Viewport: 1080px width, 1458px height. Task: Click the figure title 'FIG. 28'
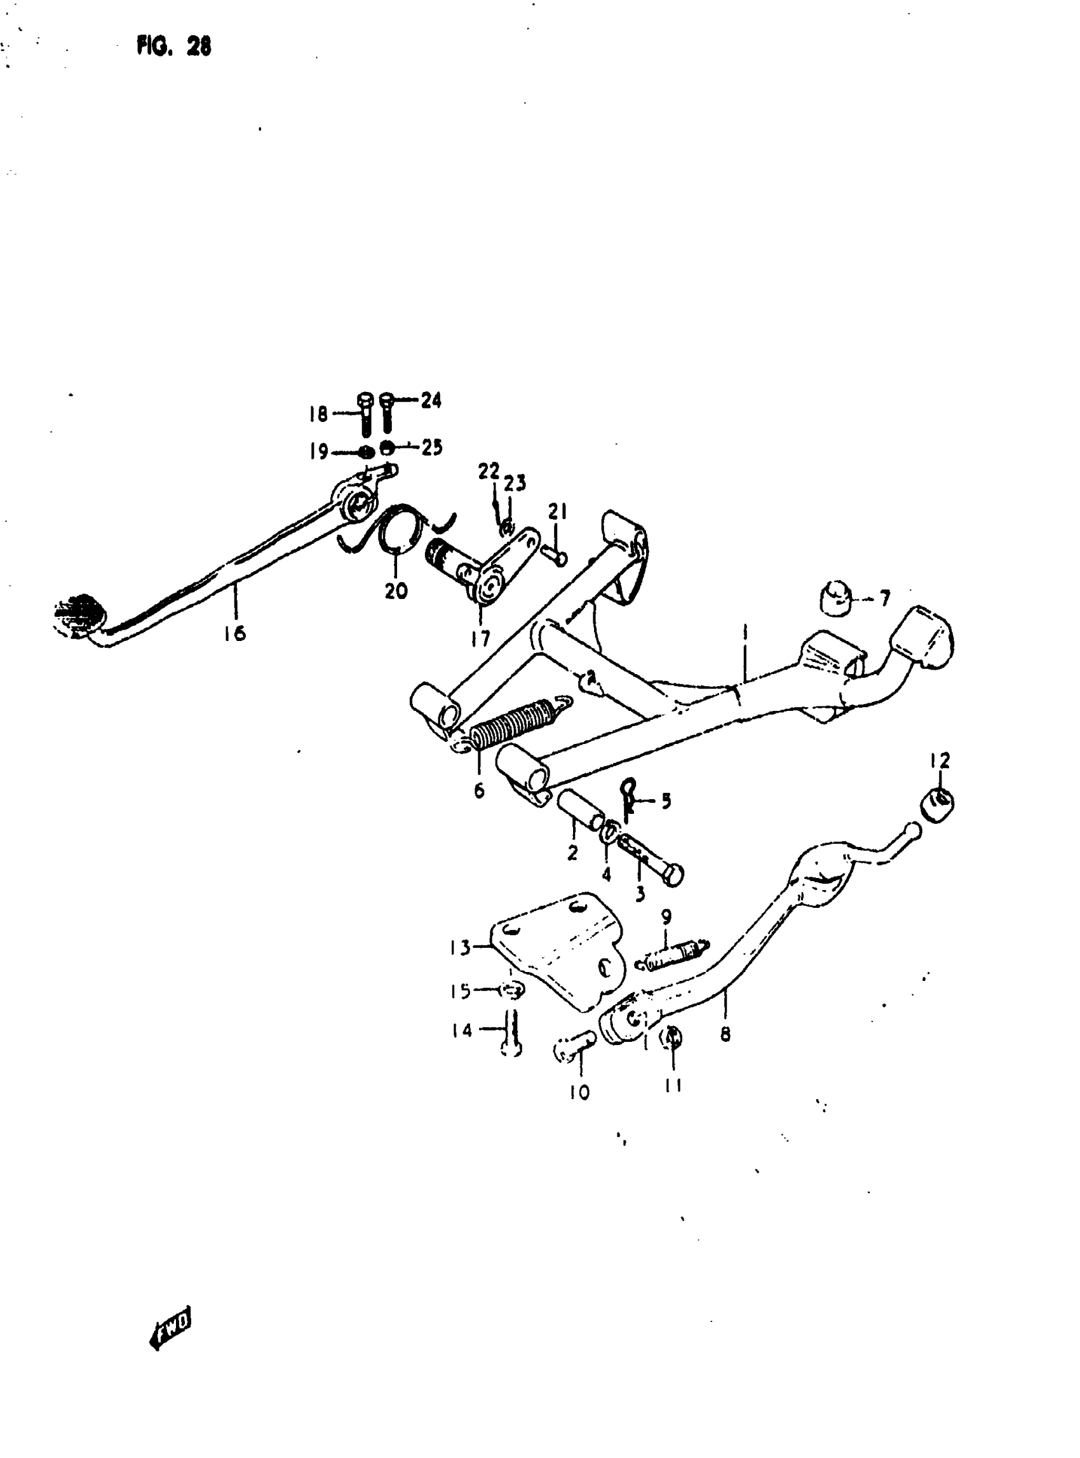click(x=174, y=47)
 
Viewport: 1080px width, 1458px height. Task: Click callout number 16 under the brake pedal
click(x=234, y=633)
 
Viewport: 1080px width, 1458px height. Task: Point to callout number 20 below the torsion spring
click(x=396, y=591)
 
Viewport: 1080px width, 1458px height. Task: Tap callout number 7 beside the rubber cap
click(x=884, y=598)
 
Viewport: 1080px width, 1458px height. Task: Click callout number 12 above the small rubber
click(x=940, y=760)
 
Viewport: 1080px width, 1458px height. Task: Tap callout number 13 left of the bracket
click(x=460, y=947)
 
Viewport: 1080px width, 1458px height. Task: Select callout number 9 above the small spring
click(x=666, y=917)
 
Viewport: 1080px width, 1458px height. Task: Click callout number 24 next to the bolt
click(x=431, y=400)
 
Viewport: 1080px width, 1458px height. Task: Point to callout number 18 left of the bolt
click(x=318, y=414)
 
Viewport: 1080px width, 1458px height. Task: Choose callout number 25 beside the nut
click(x=431, y=448)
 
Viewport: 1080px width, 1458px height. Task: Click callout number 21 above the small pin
click(x=557, y=512)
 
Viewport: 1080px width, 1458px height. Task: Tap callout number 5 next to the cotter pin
click(x=666, y=801)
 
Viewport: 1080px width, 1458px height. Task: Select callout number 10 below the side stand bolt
click(x=580, y=1092)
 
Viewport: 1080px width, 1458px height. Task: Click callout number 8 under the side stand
click(x=725, y=1034)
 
